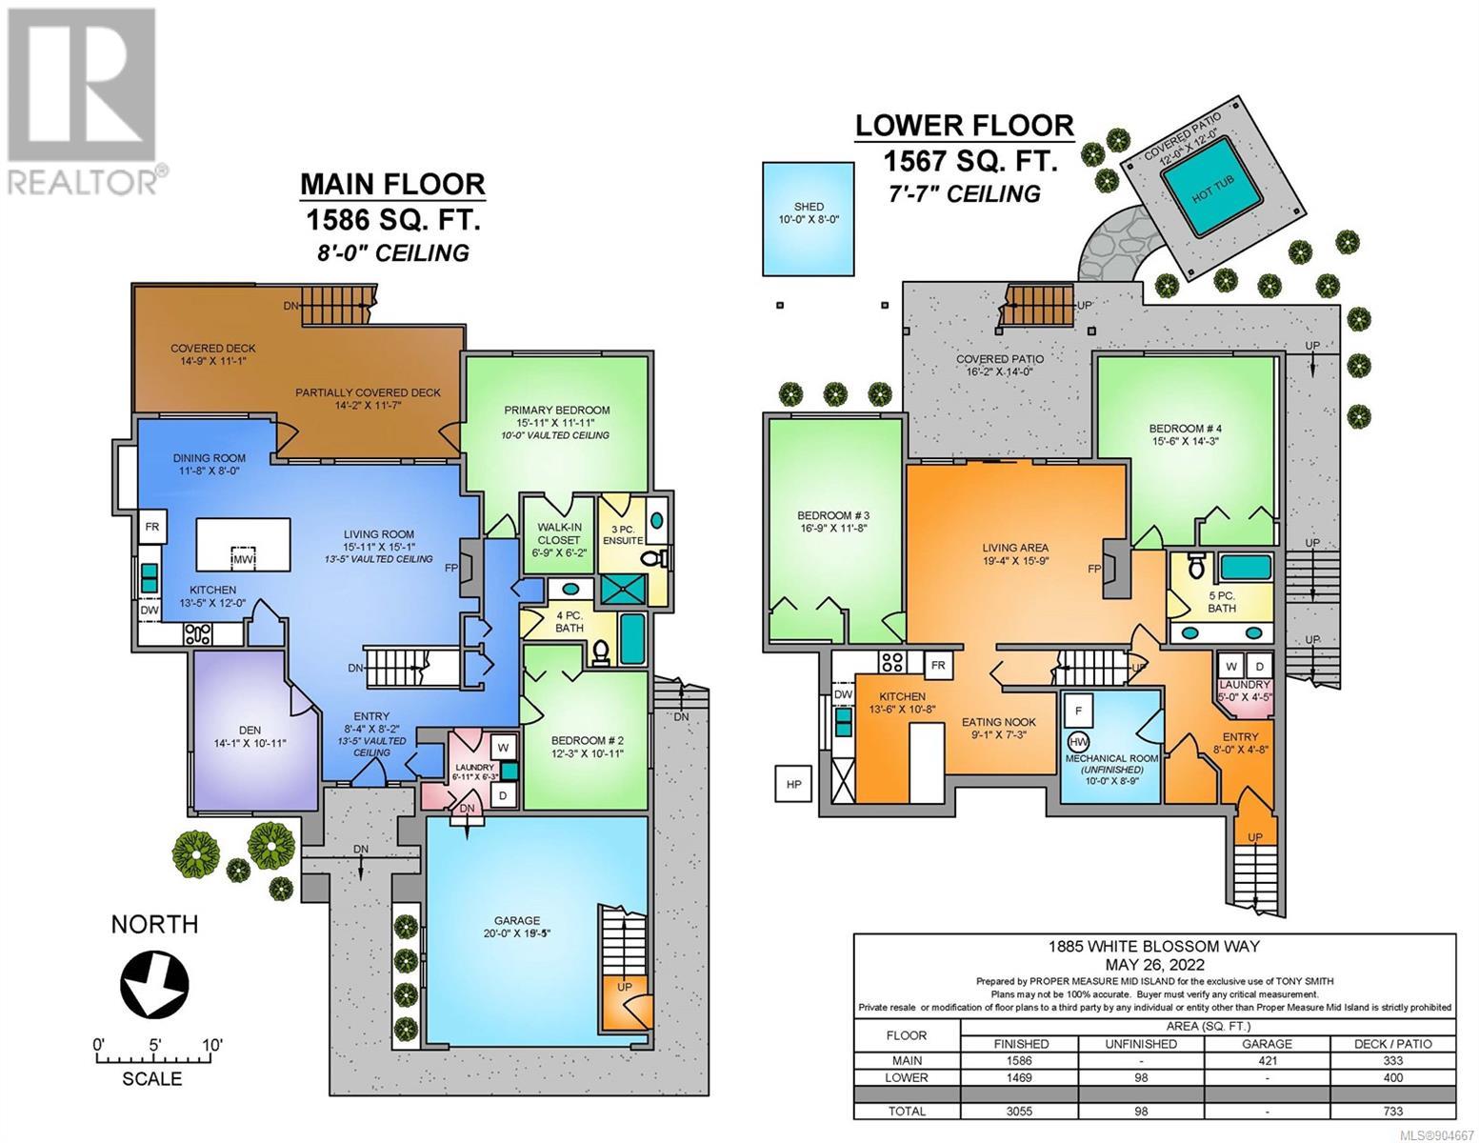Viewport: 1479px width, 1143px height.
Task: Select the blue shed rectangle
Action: (808, 218)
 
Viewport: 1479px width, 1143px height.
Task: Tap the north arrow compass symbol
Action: (154, 984)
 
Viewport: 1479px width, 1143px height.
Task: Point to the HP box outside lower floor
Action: (793, 784)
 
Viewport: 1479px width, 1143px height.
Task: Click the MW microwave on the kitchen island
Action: (244, 559)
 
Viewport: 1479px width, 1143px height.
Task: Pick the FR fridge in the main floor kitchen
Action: (152, 527)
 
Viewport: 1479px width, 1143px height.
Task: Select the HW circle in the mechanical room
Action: (1078, 741)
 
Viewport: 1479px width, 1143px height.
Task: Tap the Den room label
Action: (250, 730)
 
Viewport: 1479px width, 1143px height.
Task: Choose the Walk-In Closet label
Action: (559, 533)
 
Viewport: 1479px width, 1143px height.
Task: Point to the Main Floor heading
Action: (392, 184)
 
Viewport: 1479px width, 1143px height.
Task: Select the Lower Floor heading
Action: (965, 126)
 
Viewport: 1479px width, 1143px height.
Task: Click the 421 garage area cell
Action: (1268, 1060)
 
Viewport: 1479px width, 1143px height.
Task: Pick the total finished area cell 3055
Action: (1020, 1111)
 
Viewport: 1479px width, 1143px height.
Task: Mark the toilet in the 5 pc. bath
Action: (1196, 564)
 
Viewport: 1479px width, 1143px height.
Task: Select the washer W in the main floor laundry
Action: (504, 748)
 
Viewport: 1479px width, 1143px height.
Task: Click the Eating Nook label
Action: (998, 722)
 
